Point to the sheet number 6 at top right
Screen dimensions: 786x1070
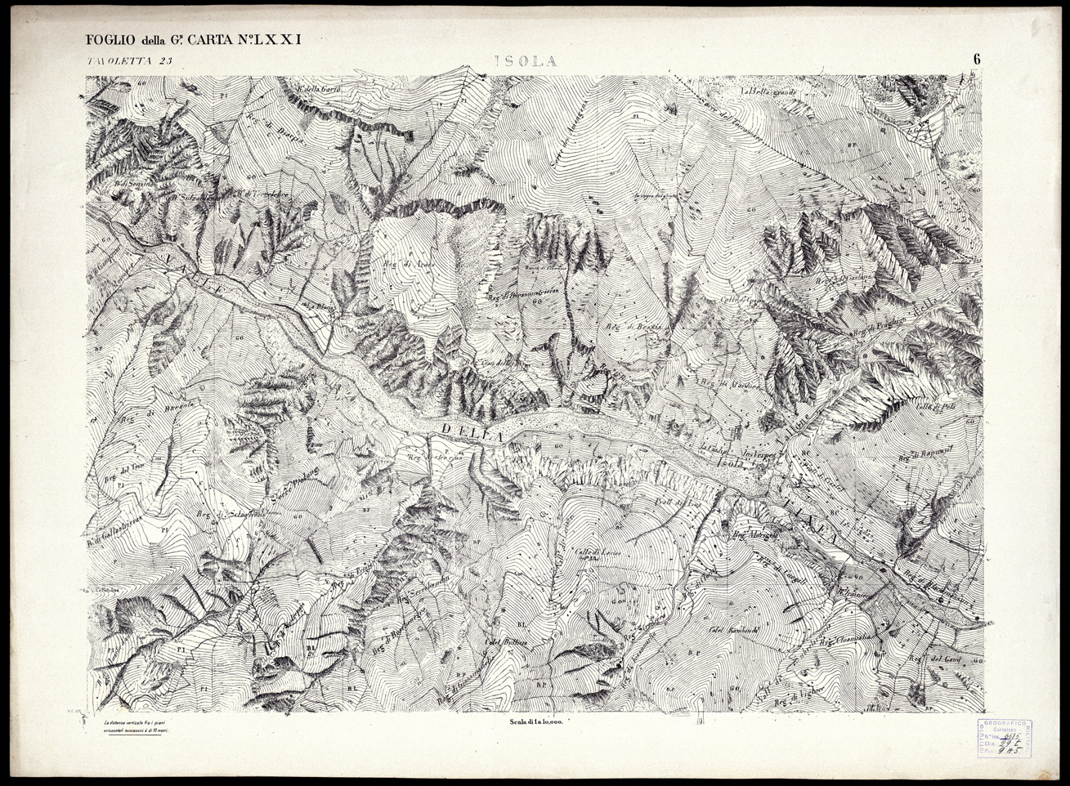pos(977,59)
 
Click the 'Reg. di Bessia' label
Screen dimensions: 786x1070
pos(627,328)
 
